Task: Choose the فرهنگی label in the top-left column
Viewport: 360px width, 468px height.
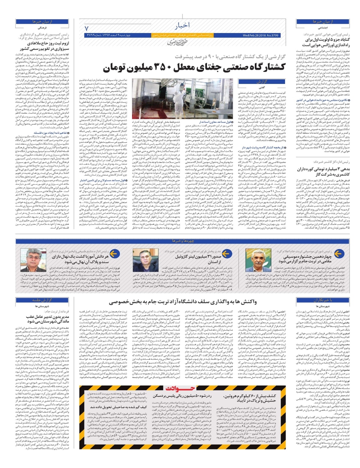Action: (x=42, y=28)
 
